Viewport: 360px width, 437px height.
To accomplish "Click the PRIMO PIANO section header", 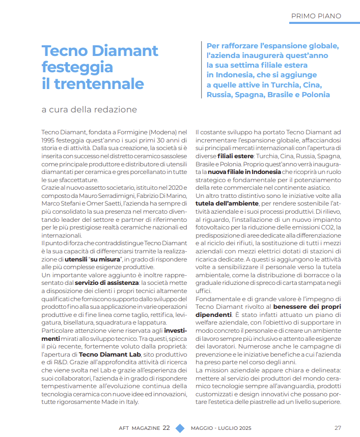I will coord(316,16).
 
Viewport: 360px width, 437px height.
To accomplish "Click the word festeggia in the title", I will coord(77,67).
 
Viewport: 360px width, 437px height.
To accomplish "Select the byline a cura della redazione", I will coord(89,109).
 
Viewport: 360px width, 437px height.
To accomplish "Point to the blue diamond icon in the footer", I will coord(180,428).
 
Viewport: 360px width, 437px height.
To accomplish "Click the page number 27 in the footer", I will coord(338,428).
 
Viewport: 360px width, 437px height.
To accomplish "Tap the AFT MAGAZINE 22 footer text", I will coord(141,428).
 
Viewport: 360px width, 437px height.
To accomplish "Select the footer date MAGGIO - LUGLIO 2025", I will coord(220,428).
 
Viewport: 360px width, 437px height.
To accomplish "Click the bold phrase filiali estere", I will coord(236,156).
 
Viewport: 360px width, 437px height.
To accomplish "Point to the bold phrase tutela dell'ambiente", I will coord(224,203).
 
